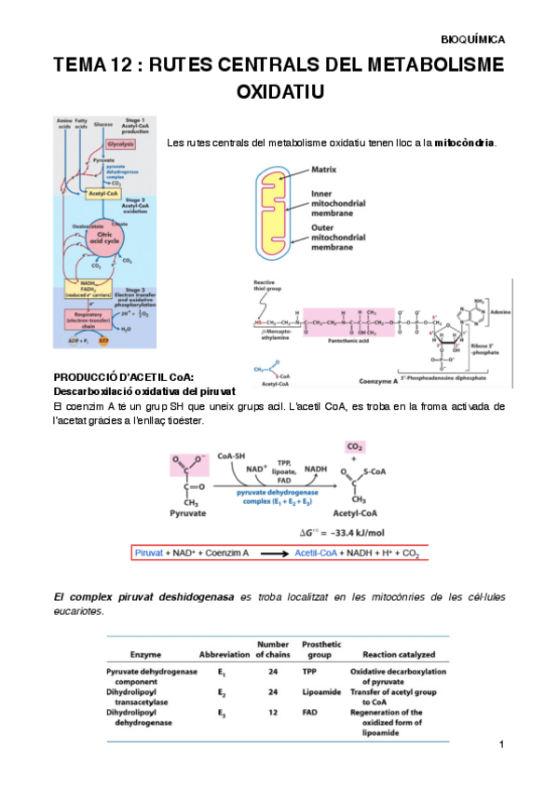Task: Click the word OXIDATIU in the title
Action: pyautogui.click(x=279, y=92)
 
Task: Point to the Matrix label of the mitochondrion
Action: pyautogui.click(x=323, y=170)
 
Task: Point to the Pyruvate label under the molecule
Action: pyautogui.click(x=187, y=513)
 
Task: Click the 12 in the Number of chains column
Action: pyautogui.click(x=273, y=713)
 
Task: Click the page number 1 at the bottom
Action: pyautogui.click(x=500, y=744)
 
